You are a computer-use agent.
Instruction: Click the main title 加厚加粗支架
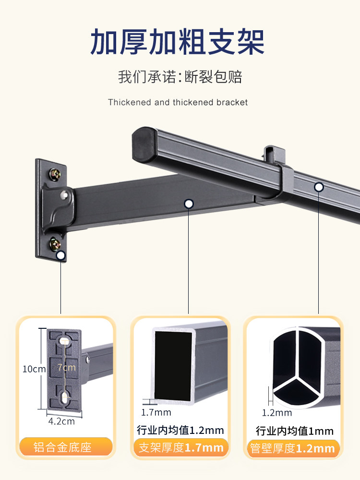177,42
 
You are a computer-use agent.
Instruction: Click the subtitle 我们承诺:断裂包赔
180,76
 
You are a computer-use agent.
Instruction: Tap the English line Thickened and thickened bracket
178,102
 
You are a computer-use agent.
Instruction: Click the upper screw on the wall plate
55,175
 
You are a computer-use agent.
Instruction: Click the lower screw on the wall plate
55,244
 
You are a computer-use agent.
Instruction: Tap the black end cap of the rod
144,144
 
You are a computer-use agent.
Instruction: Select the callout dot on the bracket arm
189,204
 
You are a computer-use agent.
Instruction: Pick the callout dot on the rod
319,187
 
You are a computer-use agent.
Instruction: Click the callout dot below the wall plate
61,255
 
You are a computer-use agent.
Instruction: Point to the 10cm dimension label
34,369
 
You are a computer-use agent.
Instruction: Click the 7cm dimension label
67,367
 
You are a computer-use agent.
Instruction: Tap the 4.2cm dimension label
61,421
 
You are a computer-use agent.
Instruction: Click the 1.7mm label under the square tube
156,412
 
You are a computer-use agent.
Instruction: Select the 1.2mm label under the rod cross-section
277,413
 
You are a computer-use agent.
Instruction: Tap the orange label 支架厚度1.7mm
181,447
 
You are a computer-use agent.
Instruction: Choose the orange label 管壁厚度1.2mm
293,448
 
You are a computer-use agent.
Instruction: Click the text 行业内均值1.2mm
180,430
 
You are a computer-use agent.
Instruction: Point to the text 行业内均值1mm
295,431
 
